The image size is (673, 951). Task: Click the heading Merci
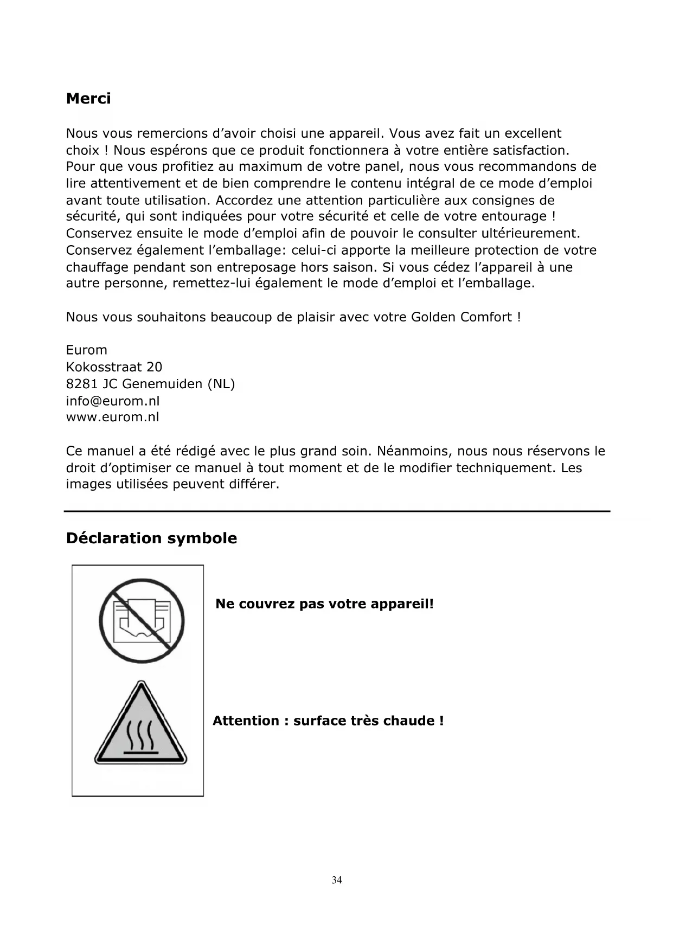[88, 99]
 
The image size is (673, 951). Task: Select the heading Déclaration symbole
[151, 538]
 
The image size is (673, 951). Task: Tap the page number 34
[337, 880]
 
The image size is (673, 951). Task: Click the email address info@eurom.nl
[113, 401]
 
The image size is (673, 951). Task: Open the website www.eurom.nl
[113, 417]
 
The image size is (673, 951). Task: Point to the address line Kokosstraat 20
[114, 367]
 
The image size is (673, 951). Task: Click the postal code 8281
[82, 384]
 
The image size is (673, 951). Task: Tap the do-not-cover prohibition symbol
[142, 621]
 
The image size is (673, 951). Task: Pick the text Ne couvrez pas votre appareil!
[324, 604]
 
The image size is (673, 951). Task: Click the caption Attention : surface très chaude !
[328, 721]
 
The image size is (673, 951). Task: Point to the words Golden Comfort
[461, 317]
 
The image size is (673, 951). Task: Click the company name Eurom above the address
[87, 350]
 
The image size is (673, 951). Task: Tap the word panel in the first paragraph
[384, 166]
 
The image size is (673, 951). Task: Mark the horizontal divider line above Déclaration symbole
[337, 511]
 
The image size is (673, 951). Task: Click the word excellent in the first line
[533, 133]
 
